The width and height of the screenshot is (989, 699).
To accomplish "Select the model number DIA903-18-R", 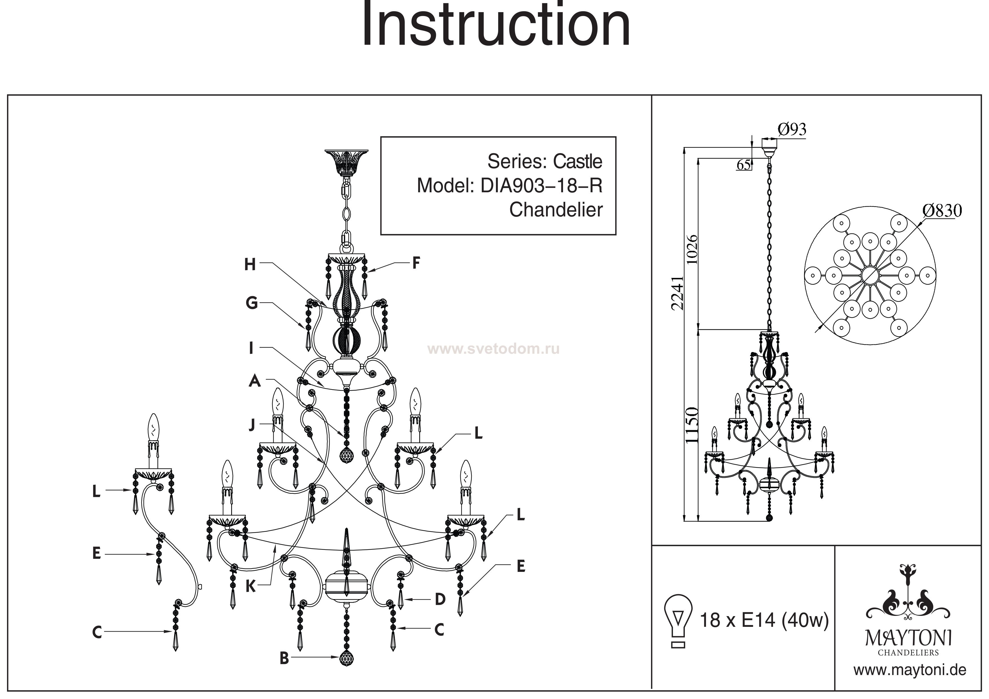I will click(x=541, y=186).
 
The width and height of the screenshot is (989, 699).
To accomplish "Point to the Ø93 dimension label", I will click(x=792, y=129).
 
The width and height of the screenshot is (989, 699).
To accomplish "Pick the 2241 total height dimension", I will click(x=677, y=293).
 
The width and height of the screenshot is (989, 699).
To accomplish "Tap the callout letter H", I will click(x=250, y=264).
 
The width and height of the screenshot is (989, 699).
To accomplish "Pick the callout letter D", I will click(x=440, y=599).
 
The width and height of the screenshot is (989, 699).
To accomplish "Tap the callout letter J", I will click(x=252, y=425).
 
